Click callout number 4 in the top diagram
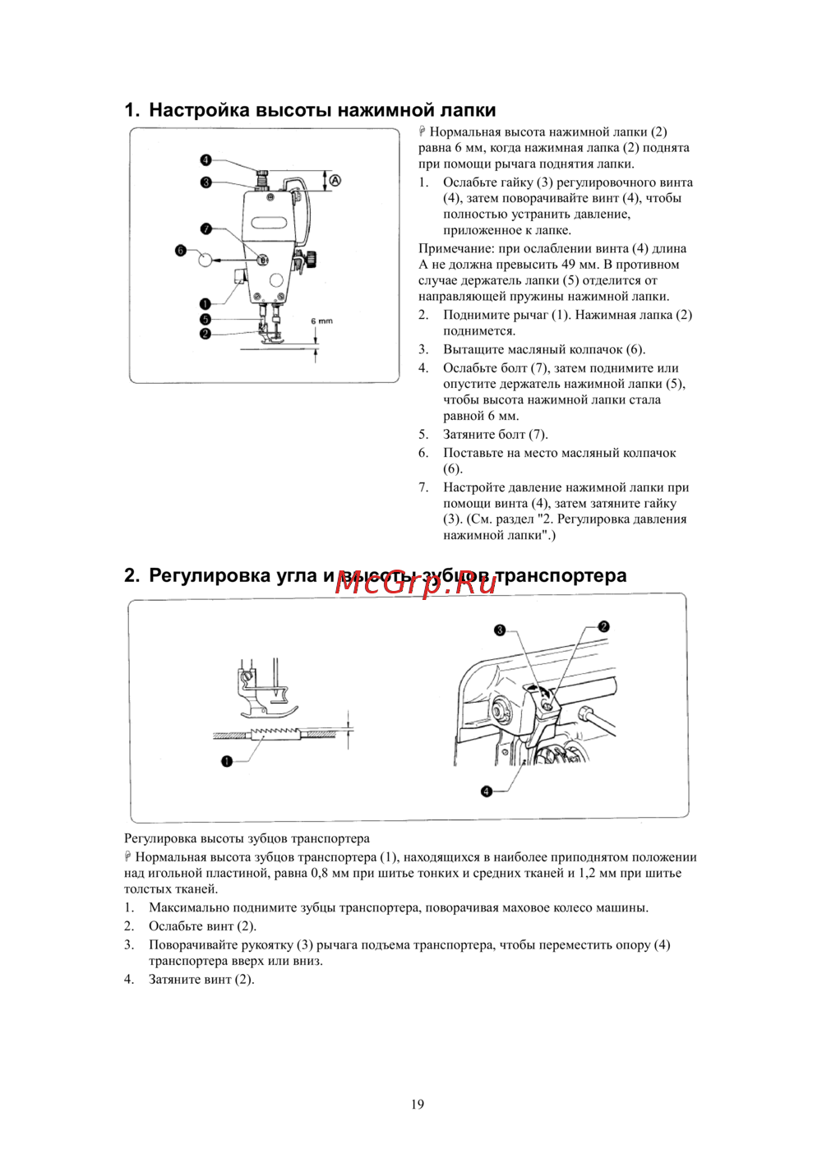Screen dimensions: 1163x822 pos(205,160)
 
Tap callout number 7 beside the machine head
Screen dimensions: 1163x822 pos(206,229)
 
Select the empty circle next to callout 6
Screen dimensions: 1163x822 pos(205,259)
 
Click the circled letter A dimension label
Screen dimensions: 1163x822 pos(335,181)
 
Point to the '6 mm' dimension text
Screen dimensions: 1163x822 pos(321,321)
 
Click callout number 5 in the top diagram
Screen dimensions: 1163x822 pos(205,319)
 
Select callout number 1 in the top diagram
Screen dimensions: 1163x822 pos(205,304)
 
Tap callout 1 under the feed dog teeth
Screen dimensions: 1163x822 pos(227,761)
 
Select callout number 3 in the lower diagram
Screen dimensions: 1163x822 pos(500,630)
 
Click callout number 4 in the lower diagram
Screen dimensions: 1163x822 pos(487,791)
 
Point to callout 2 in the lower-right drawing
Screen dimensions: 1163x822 pos(604,626)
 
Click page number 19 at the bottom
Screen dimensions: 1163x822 pos(418,1104)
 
